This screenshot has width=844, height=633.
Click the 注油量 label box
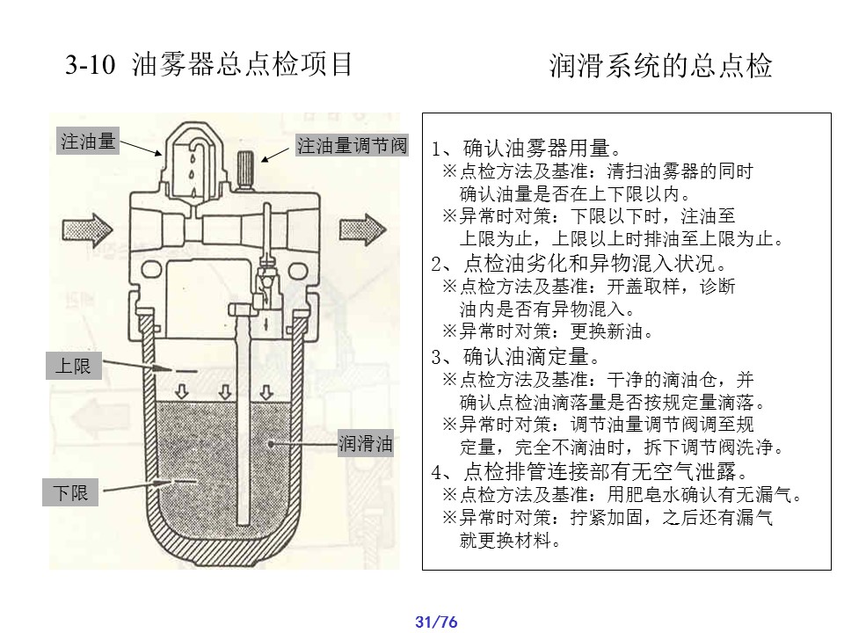[88, 141]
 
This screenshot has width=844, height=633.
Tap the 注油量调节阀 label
[352, 145]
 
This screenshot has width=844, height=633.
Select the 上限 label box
[74, 366]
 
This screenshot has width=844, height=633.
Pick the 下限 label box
[70, 492]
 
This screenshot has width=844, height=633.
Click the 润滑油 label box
[366, 443]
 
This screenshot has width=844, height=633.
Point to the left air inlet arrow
[87, 229]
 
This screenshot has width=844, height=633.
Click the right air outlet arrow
[363, 229]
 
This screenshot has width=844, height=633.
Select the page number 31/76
[436, 622]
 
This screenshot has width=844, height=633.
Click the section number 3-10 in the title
[90, 64]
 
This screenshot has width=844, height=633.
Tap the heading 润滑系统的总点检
[660, 66]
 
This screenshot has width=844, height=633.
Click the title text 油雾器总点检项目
[242, 64]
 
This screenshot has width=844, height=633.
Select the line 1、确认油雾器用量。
[527, 148]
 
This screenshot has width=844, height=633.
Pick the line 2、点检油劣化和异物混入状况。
[579, 263]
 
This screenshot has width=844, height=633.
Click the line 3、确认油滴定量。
[516, 356]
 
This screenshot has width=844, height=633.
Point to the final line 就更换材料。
[510, 540]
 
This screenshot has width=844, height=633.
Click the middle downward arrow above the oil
[224, 391]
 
